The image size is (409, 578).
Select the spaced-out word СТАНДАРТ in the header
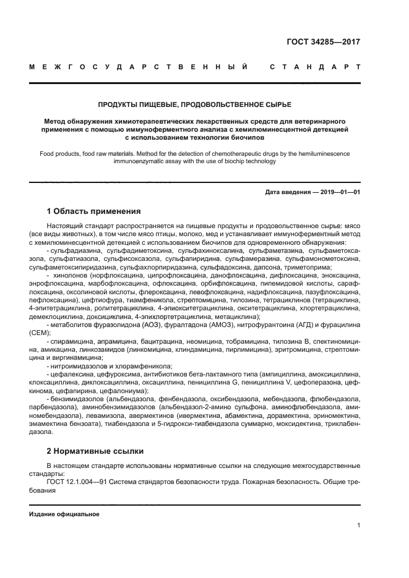coord(314,66)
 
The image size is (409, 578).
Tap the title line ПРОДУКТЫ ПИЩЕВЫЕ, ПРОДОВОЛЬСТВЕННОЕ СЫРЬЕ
coord(195,104)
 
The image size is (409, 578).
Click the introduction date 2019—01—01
coord(338,192)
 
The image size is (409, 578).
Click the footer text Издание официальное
coord(64,514)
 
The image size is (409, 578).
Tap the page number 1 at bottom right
coord(358,525)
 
